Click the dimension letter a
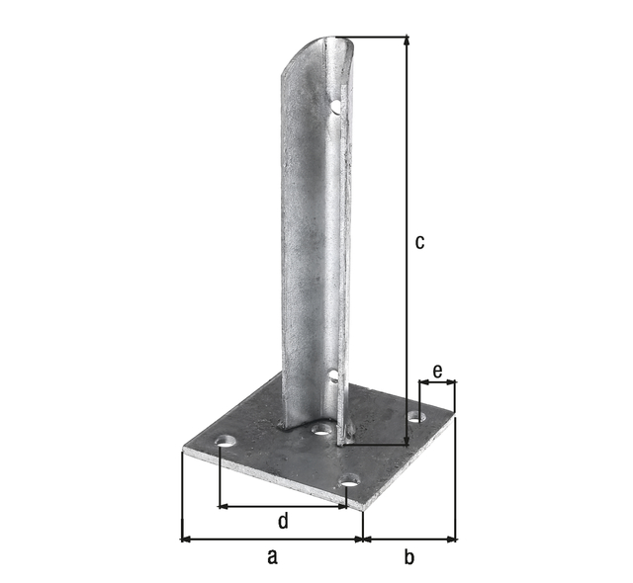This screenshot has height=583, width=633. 272,557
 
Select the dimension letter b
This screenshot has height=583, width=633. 408,557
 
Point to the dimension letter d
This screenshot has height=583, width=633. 282,521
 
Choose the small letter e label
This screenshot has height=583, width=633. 436,373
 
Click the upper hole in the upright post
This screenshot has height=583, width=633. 336,103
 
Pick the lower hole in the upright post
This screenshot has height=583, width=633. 334,375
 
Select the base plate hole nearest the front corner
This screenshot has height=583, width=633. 348,483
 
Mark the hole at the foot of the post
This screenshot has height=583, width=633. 320,431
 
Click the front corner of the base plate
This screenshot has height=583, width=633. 363,508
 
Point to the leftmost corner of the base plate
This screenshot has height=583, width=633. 185,451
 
